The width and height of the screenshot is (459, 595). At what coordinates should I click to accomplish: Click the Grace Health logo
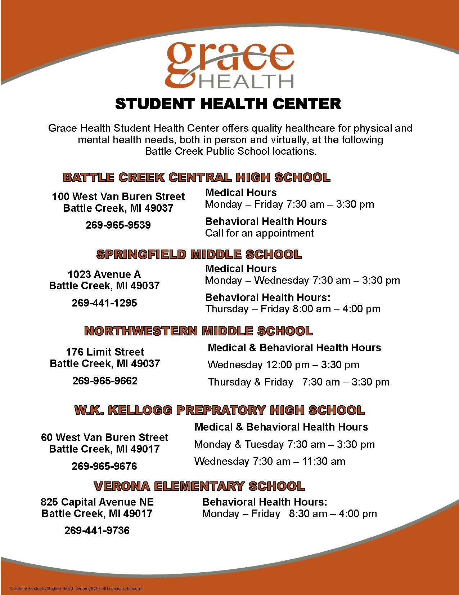[x=229, y=65]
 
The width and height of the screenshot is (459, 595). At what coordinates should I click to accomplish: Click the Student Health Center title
[x=228, y=104]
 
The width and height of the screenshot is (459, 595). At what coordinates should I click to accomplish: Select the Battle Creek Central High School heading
[x=197, y=177]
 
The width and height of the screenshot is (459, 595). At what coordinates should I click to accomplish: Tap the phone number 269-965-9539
[x=118, y=225]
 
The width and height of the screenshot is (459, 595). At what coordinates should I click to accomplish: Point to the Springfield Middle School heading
[x=199, y=255]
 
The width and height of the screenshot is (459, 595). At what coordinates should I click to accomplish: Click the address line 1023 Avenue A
[x=104, y=274]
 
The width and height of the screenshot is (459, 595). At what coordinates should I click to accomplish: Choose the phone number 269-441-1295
[x=104, y=303]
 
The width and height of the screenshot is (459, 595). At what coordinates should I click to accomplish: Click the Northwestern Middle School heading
[x=199, y=331]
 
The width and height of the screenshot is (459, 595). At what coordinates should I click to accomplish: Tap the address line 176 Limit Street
[x=105, y=352]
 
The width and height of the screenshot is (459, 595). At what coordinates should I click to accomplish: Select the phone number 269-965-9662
[x=105, y=381]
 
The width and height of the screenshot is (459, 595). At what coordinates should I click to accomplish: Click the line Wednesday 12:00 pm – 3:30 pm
[x=283, y=365]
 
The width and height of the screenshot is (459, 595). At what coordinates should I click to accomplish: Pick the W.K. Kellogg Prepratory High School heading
[x=219, y=410]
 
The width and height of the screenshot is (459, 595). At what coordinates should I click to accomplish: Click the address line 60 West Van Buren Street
[x=104, y=437]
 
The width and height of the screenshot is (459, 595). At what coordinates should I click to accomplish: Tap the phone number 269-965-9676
[x=104, y=466]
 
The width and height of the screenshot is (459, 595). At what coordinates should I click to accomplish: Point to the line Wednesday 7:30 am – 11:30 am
[x=270, y=461]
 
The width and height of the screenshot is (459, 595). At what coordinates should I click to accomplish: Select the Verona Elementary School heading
[x=199, y=486]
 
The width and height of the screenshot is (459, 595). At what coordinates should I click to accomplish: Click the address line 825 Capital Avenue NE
[x=97, y=502]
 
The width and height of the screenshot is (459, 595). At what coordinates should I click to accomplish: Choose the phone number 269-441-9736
[x=97, y=530]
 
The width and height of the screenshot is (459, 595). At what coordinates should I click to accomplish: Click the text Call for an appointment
[x=259, y=233]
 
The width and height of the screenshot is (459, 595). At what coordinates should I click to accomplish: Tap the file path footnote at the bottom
[x=76, y=589]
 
